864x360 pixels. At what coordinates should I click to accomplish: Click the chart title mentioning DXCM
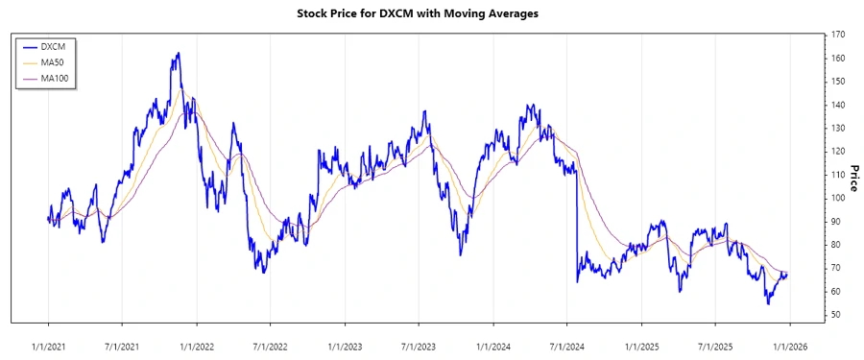[x=432, y=13]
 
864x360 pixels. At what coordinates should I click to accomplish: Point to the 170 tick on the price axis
[x=838, y=35]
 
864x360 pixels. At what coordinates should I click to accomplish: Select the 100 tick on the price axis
[x=838, y=198]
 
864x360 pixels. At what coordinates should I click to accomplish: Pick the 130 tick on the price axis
[x=838, y=128]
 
